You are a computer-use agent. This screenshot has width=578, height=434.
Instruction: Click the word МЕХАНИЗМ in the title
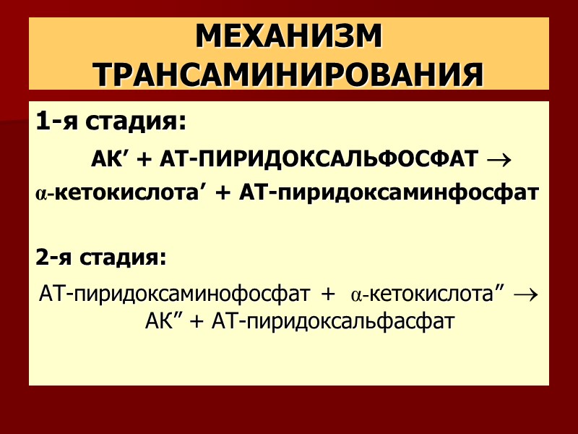[288, 37]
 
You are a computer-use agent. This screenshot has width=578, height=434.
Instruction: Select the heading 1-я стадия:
[111, 123]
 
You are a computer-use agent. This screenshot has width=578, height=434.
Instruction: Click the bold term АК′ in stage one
[109, 158]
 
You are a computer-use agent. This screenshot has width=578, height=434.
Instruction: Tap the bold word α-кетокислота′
[120, 193]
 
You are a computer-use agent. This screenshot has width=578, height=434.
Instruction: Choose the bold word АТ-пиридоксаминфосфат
[389, 193]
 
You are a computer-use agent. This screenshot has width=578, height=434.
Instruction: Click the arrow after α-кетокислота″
[527, 295]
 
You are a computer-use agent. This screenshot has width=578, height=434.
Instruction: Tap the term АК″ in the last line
[162, 320]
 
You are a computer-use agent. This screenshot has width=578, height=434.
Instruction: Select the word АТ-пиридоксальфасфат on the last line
[332, 320]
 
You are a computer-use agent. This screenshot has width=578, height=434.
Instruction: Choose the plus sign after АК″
[196, 321]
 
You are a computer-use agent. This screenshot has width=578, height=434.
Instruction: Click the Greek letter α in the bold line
[40, 195]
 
